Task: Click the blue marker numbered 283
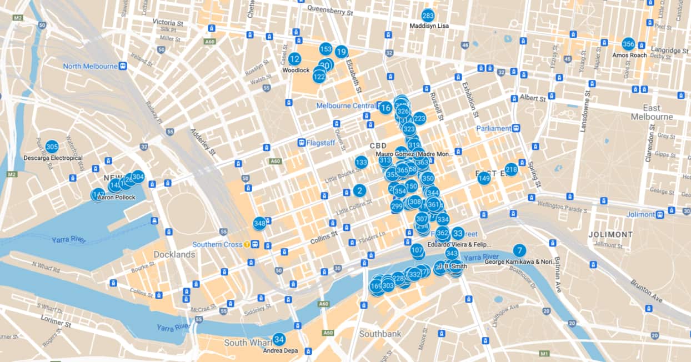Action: [x=428, y=16]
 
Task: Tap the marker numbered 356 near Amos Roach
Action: [x=628, y=44]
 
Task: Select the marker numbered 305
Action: [x=52, y=147]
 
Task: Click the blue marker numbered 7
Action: [x=519, y=250]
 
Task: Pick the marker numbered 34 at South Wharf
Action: [x=279, y=339]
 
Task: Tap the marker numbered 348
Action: [x=259, y=223]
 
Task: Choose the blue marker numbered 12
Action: [x=294, y=59]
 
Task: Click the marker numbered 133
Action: [x=361, y=162]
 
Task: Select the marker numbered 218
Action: [x=511, y=169]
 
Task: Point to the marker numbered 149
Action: [x=484, y=178]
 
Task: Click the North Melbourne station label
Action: [x=90, y=66]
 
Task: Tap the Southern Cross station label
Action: [x=218, y=244]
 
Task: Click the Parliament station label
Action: [x=493, y=128]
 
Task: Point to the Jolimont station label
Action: [x=640, y=214]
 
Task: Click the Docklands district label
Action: [x=174, y=254]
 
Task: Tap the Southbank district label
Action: [x=380, y=334]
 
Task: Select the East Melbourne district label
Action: [x=652, y=112]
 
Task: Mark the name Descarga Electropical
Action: [x=53, y=158]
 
